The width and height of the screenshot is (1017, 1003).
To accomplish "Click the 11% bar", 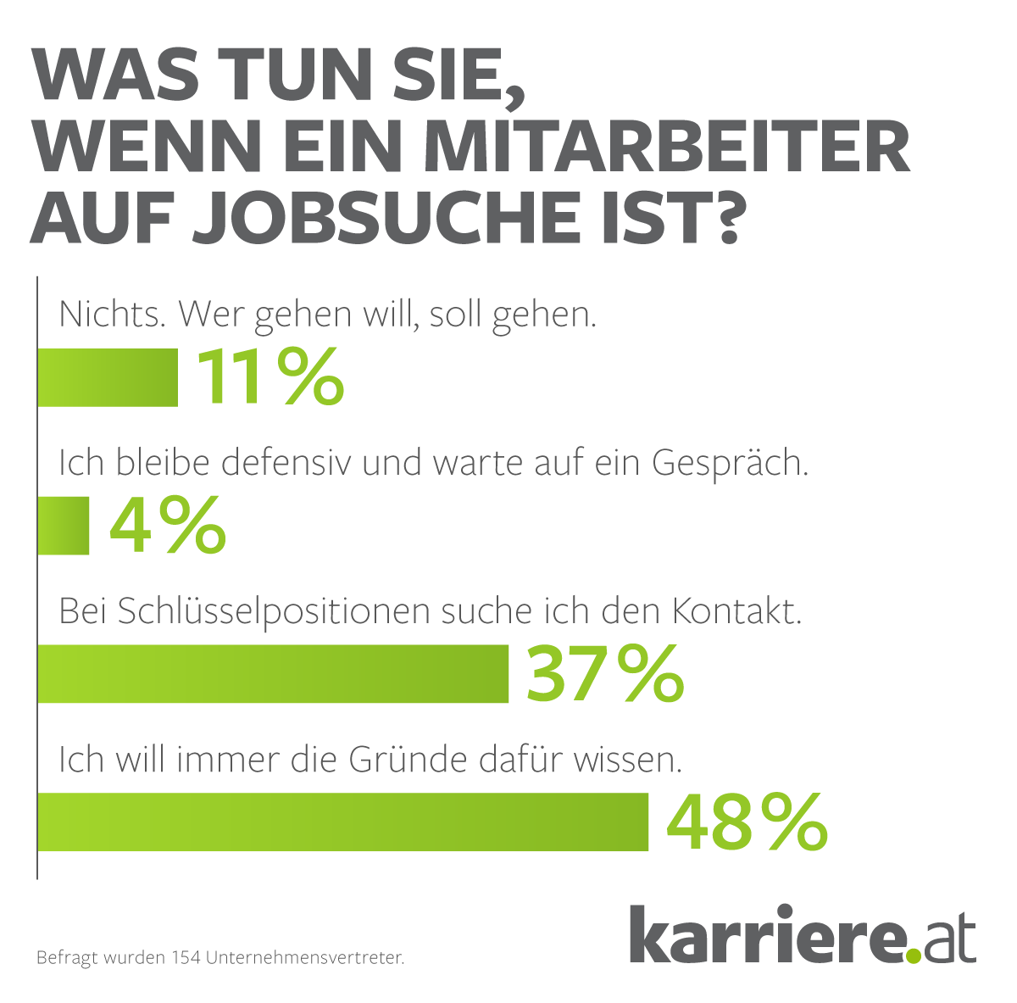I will [x=108, y=377].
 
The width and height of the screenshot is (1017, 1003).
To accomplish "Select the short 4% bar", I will [x=64, y=526].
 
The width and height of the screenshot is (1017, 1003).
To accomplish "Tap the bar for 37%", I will [x=273, y=674].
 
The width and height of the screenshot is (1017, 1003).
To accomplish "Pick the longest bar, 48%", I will [x=342, y=822].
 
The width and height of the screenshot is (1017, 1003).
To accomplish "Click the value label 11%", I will [x=270, y=377].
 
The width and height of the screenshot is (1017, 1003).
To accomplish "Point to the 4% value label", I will [x=168, y=526].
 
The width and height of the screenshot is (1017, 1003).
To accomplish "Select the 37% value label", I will [x=604, y=674].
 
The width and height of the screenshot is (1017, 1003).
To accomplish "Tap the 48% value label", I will [x=746, y=822].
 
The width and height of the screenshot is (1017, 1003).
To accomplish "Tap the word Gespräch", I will [x=729, y=464].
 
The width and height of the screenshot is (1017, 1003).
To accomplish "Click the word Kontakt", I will [x=737, y=610].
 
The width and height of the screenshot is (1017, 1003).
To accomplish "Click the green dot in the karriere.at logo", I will [x=914, y=956].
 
